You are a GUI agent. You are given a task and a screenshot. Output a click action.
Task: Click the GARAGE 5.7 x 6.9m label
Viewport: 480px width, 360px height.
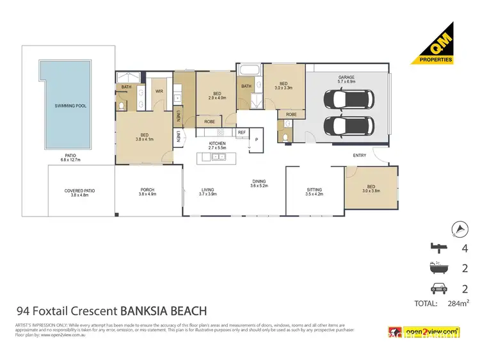tap(346, 79)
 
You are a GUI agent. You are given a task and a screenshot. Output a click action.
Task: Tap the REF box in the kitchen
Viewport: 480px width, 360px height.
tap(241, 133)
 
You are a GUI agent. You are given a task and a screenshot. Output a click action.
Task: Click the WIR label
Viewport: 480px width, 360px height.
tap(160, 92)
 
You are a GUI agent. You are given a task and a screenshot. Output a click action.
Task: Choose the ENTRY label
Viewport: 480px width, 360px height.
tap(360, 156)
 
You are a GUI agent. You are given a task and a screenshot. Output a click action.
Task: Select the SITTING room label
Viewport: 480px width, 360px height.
tap(314, 192)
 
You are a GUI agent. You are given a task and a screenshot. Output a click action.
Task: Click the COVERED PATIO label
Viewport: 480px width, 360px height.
tap(79, 192)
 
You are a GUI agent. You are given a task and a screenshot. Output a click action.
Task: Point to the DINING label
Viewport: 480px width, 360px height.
tap(259, 183)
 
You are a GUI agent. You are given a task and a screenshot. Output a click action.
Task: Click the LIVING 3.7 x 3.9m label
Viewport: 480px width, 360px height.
tap(207, 192)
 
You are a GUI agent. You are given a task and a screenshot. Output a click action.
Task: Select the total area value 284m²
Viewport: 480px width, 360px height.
tap(455, 304)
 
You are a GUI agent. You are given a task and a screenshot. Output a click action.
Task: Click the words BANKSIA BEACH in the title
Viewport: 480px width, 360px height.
tap(163, 311)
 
